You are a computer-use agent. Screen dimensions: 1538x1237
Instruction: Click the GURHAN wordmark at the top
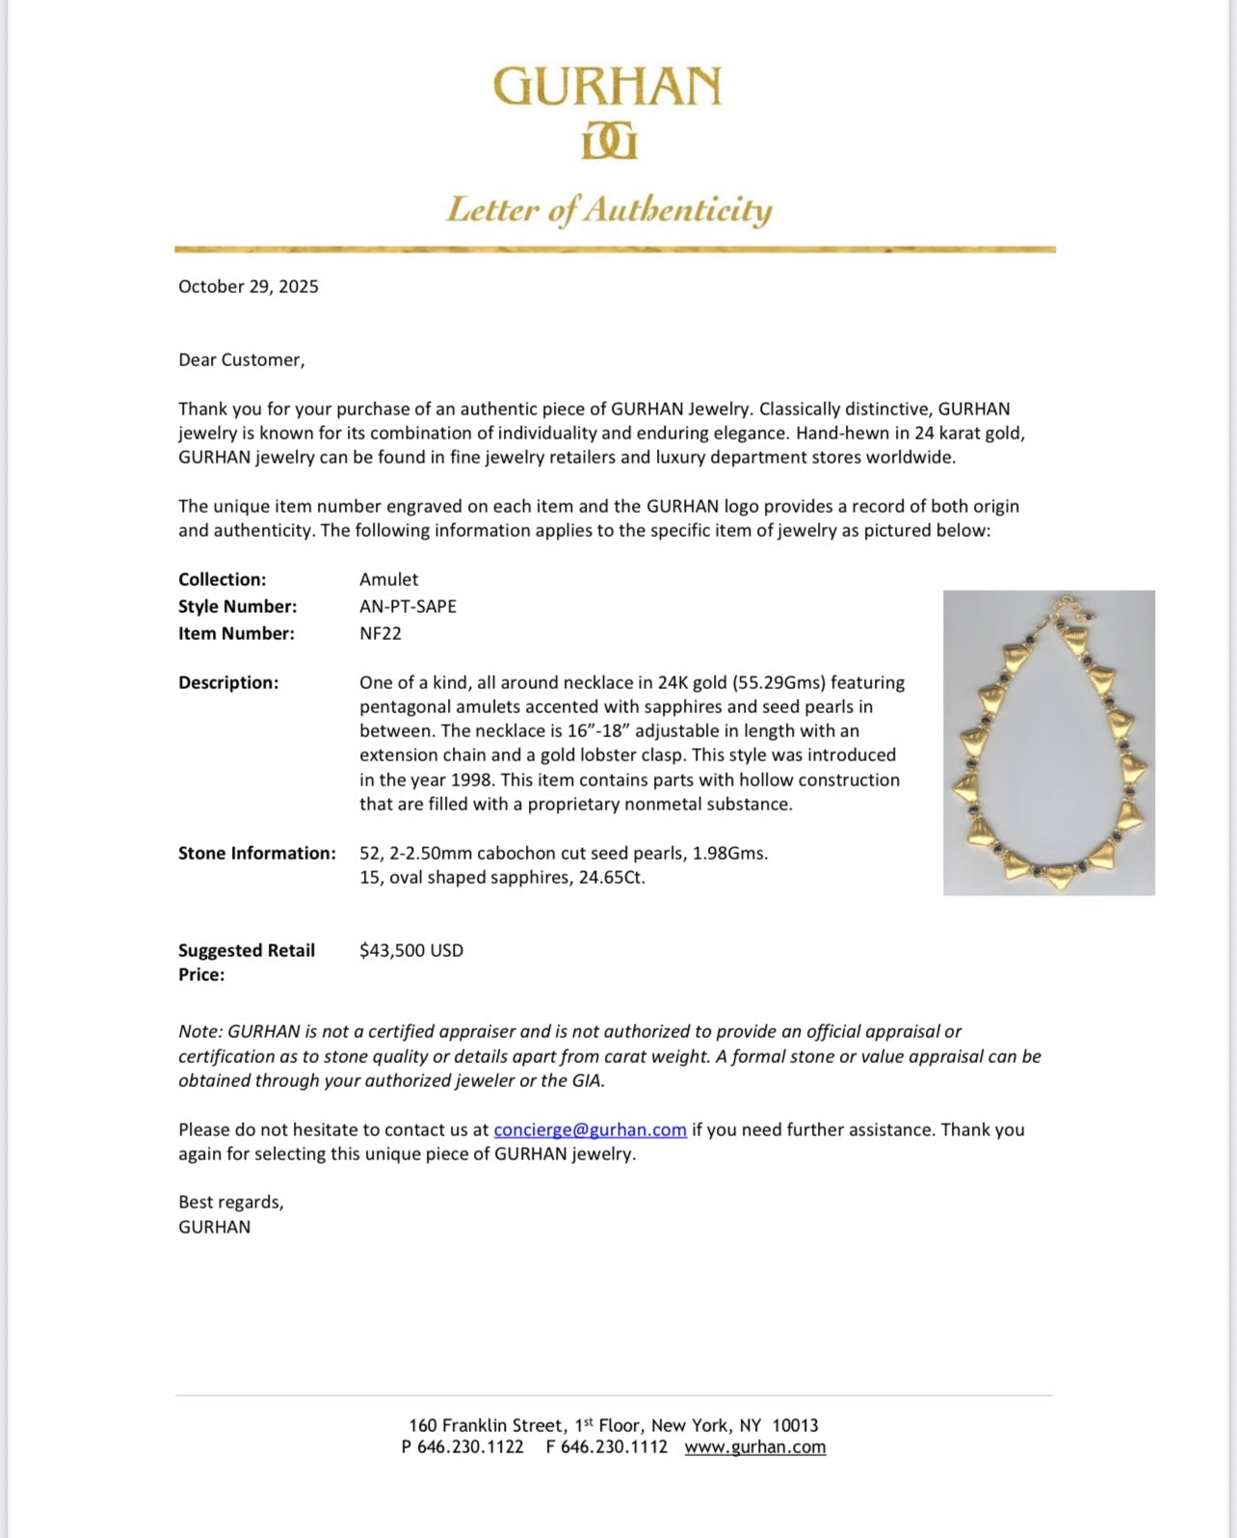pos(607,87)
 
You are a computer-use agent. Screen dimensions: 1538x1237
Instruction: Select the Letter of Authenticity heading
pos(609,210)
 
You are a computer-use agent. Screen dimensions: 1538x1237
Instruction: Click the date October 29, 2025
pos(249,286)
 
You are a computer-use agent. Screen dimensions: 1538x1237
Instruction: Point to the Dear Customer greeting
pos(241,359)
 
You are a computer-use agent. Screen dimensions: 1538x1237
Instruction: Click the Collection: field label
pos(222,579)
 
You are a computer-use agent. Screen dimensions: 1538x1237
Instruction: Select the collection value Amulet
pos(389,579)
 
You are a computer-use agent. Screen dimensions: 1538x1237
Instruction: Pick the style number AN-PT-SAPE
pos(408,606)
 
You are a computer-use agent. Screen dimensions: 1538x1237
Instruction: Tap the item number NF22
pos(381,633)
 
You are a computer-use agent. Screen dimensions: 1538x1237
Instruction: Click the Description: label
pos(228,682)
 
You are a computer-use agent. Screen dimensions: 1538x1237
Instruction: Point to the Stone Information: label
pos(257,853)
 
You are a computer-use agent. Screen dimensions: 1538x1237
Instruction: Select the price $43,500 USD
pos(411,950)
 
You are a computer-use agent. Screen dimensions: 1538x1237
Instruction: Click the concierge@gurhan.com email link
pos(590,1129)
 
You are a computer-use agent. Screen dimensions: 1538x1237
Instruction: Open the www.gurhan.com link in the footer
pos(755,1446)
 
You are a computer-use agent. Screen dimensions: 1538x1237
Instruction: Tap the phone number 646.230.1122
pos(470,1446)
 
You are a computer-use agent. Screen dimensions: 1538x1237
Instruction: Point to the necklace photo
pos(1048,743)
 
